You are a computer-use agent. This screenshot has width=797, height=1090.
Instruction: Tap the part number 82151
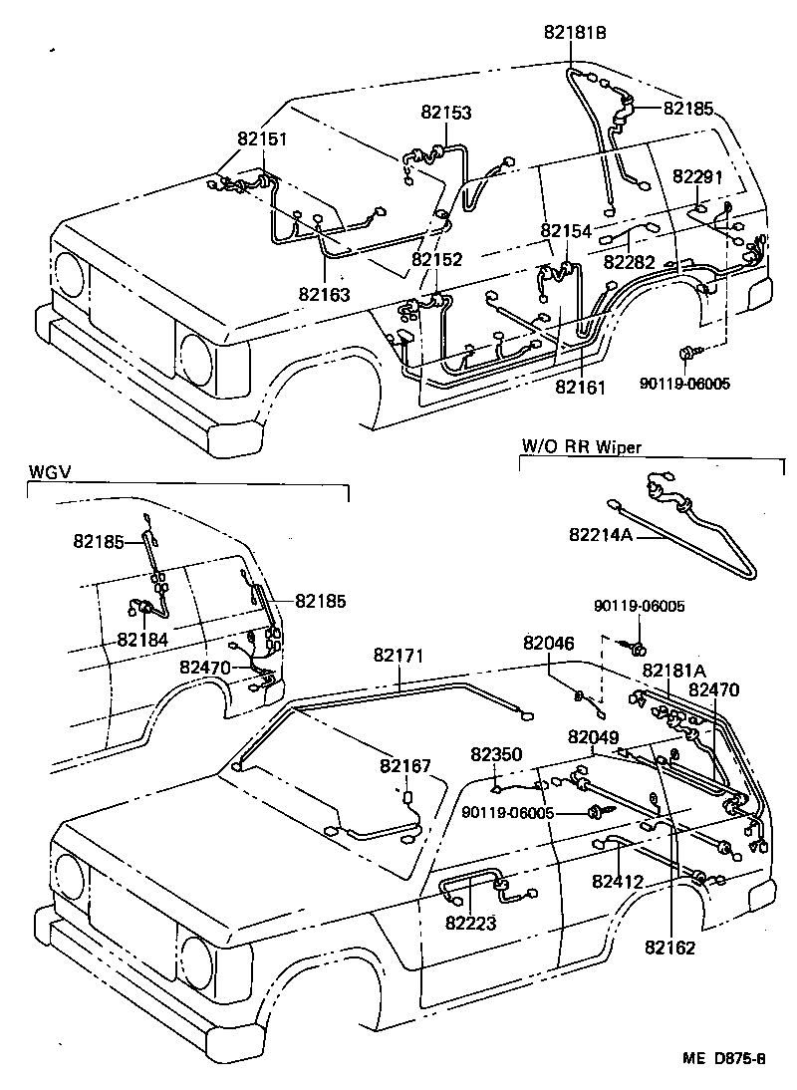point(262,139)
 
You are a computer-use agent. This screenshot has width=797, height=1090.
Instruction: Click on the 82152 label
point(436,259)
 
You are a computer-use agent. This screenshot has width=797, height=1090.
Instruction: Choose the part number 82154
point(566,231)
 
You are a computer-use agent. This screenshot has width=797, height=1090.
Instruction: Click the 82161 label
point(580,386)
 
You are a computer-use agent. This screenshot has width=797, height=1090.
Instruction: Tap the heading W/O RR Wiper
point(581,447)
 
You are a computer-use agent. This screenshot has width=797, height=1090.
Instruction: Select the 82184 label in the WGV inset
point(142,639)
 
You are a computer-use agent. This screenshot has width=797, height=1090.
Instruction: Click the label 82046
point(549,645)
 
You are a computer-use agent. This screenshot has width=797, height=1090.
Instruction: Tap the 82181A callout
point(673,670)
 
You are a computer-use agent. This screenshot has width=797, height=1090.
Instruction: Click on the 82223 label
point(470,924)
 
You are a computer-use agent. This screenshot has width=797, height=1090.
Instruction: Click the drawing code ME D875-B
point(724,1060)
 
